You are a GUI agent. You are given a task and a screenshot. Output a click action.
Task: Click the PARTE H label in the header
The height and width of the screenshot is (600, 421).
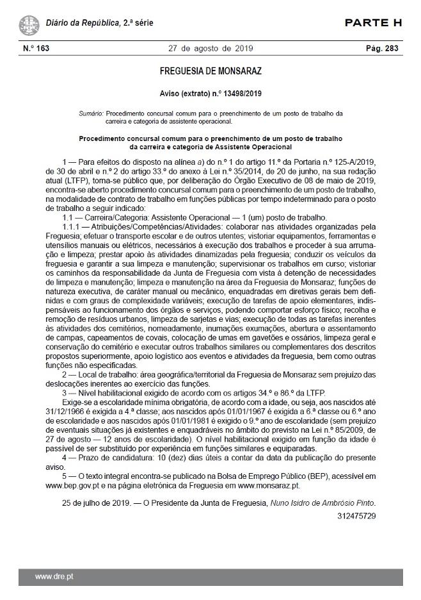click(x=373, y=24)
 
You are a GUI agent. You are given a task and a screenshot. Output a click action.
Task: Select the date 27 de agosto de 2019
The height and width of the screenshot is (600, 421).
click(x=210, y=49)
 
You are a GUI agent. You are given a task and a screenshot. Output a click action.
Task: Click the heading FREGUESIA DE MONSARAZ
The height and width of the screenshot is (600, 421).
click(x=210, y=71)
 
